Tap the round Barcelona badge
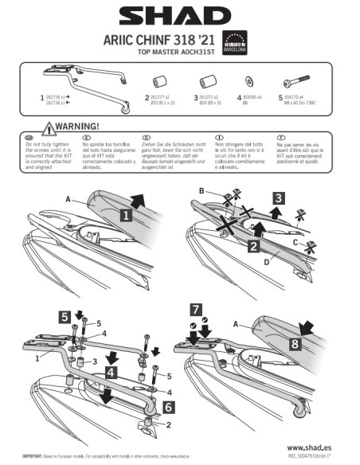(x=233, y=42)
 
